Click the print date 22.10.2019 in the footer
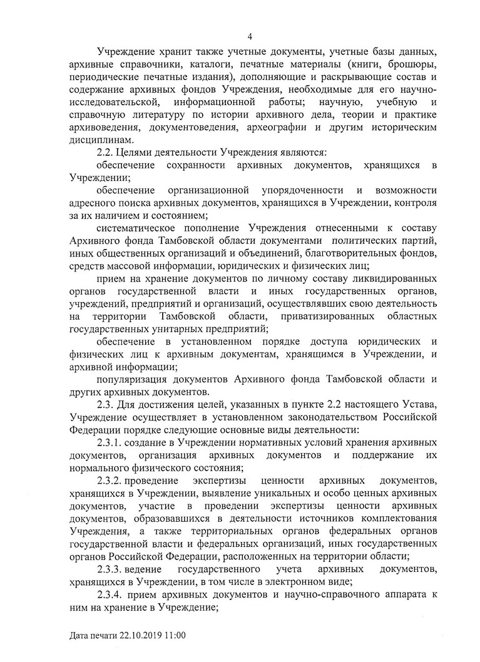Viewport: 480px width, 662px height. pos(141,634)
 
